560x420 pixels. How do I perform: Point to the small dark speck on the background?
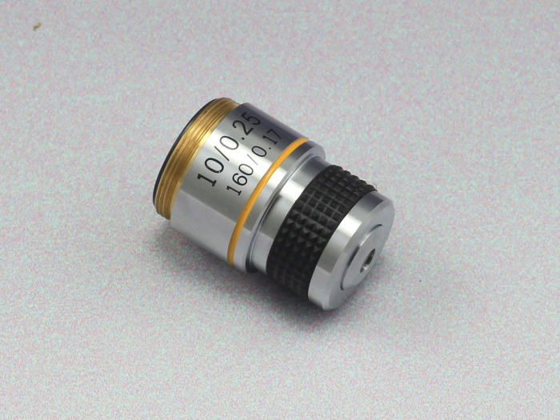point(37,26)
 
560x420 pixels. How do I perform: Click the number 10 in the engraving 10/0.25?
point(212,171)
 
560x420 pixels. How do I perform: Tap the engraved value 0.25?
point(243,133)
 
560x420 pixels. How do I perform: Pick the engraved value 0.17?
point(268,146)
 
